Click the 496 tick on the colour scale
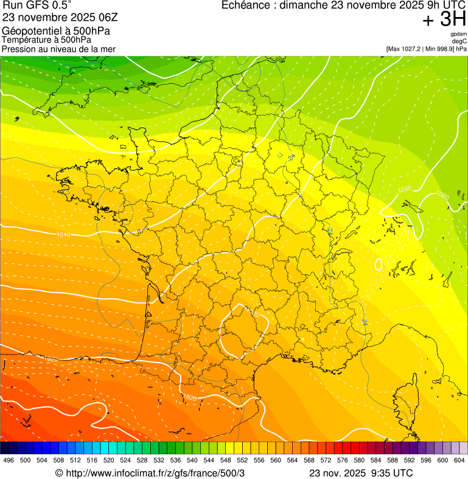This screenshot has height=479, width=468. tap(9, 460)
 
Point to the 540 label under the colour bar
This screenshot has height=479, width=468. tap(192, 460)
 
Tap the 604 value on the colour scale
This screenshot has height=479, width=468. tap(459, 460)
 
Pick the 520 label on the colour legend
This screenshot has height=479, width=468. tap(109, 460)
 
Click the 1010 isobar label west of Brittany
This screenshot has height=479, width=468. tap(62, 235)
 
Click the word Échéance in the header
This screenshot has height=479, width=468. tap(247, 5)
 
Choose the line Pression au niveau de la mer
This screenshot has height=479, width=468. tap(58, 49)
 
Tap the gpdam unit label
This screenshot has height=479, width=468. tap(459, 34)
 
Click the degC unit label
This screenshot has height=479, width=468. tap(459, 41)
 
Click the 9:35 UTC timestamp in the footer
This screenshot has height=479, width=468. tap(391, 473)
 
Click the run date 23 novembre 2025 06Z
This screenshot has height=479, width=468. tap(60, 18)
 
